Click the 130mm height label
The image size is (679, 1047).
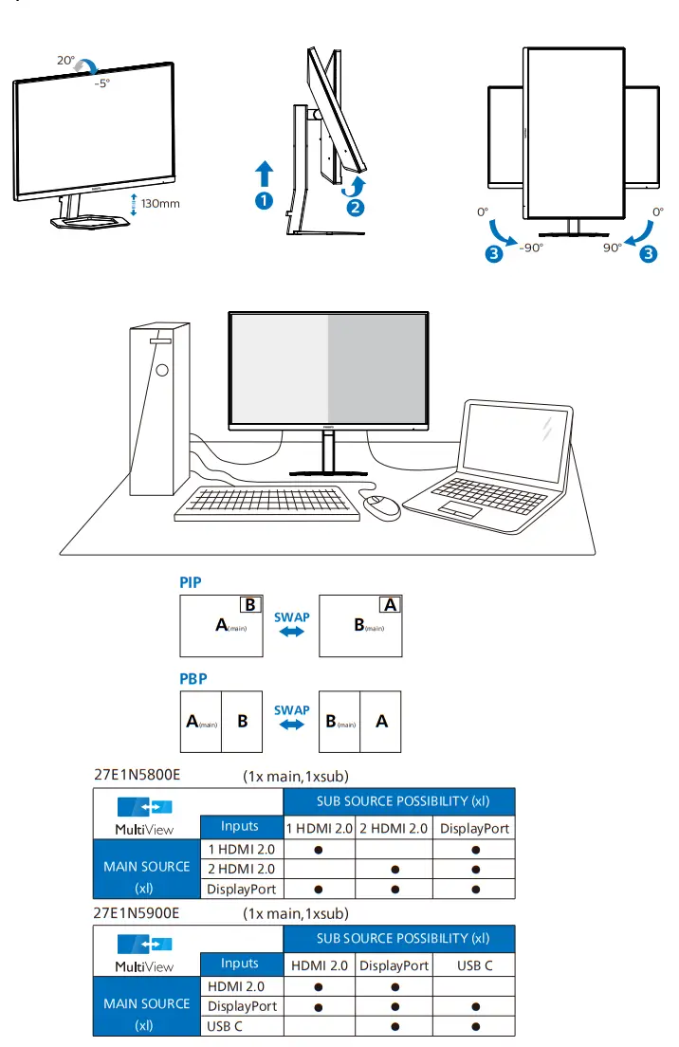coord(160,203)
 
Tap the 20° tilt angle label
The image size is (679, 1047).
coord(65,60)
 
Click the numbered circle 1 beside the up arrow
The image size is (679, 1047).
coord(264,200)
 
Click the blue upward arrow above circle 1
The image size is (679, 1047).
coord(264,174)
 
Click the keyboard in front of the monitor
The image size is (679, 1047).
coord(268,503)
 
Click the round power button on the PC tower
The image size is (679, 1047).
coord(162,370)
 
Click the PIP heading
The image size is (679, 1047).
coord(191,582)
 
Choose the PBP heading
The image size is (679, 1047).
coord(193,679)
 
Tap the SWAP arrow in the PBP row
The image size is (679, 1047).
coord(292,726)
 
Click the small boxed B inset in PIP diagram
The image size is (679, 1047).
coord(250,604)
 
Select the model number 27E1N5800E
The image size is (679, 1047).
coord(138,775)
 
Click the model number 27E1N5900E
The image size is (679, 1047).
coord(138,912)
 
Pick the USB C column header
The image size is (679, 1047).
coord(473,965)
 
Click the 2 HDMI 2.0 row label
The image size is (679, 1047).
coord(241,869)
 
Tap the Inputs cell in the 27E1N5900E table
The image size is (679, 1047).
coord(240,964)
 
